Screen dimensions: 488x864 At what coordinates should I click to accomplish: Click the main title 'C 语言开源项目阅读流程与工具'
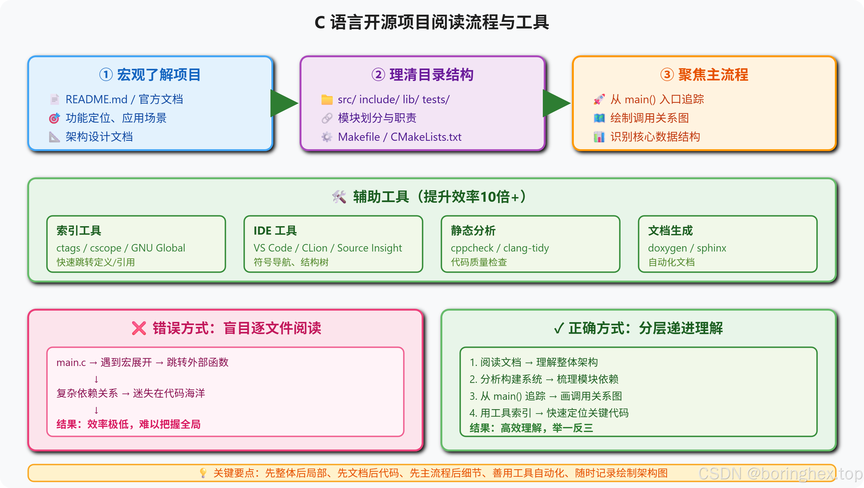point(432,23)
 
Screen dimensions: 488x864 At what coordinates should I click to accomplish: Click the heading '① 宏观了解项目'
point(150,74)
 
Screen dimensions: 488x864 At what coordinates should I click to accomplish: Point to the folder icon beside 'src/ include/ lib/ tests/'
point(327,99)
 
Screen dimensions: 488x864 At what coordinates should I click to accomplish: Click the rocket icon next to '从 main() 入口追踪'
point(599,99)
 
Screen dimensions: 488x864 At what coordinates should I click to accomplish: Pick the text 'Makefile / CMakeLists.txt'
point(399,137)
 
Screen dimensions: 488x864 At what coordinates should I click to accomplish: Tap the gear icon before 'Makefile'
point(327,137)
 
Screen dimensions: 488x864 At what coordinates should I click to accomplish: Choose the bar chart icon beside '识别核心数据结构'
point(599,137)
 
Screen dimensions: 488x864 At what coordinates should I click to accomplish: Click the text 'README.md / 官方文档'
point(124,99)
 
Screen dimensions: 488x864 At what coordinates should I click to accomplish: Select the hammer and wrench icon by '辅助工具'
point(339,197)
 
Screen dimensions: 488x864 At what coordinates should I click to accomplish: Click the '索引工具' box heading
point(79,231)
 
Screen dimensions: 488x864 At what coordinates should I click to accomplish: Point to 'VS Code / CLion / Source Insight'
point(328,248)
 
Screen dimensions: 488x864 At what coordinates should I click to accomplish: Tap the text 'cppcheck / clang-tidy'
point(500,248)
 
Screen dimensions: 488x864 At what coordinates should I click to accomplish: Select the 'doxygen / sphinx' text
point(687,248)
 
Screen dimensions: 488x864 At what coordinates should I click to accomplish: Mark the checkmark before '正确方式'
point(558,328)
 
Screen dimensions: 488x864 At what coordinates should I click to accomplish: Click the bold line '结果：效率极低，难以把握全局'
point(128,424)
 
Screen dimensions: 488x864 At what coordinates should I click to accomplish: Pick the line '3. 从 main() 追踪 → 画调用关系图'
point(546,396)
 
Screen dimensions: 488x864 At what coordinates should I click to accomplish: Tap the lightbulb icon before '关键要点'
point(203,473)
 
